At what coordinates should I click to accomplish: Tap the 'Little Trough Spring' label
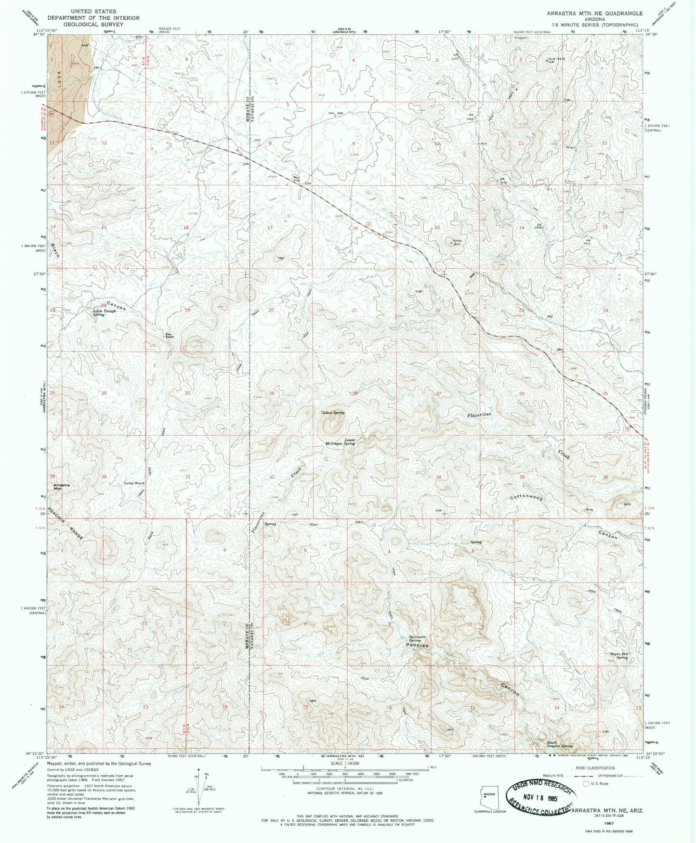105,312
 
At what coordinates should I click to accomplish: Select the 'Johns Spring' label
333,413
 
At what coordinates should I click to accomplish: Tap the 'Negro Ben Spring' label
618,655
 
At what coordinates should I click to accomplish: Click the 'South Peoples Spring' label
560,744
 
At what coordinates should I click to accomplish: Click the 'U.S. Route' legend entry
597,783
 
